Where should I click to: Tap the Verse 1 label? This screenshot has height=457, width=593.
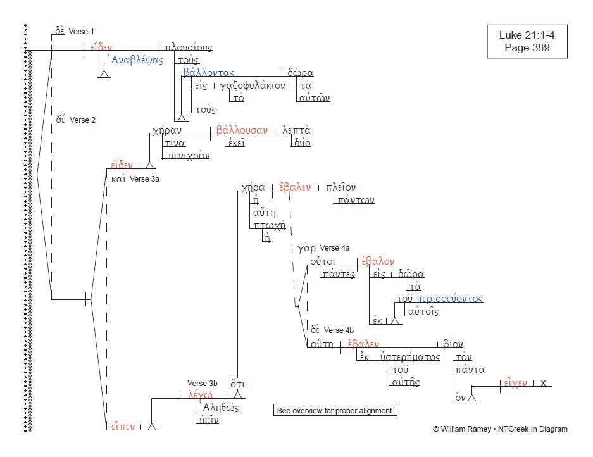click(81, 32)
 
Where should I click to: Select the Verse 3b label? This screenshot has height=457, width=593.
click(203, 383)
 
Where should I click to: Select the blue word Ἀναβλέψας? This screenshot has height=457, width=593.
click(135, 60)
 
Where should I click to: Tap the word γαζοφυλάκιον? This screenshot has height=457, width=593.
click(253, 86)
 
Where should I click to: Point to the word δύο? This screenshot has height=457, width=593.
click(301, 143)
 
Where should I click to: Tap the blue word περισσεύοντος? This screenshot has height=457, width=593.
click(449, 299)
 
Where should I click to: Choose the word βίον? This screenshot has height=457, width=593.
click(453, 344)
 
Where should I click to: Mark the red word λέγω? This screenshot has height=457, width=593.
click(201, 395)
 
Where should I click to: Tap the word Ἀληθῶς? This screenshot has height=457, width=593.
click(218, 408)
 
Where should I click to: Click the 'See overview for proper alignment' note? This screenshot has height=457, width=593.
click(335, 410)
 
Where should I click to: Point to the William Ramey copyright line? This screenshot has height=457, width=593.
click(500, 429)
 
